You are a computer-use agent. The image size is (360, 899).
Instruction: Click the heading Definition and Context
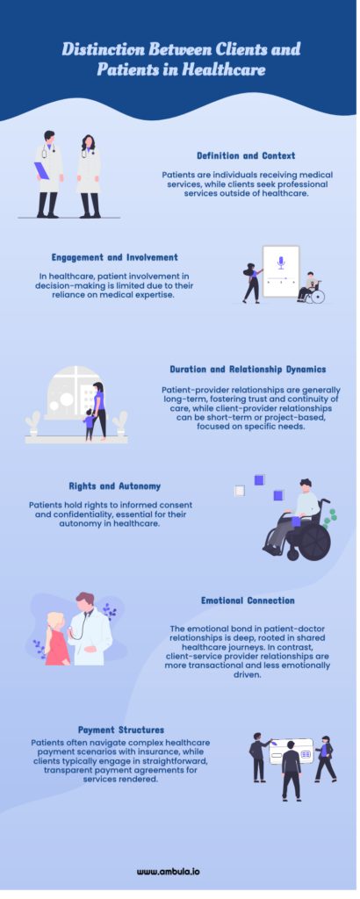coord(246,155)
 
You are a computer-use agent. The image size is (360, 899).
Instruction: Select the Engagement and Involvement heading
coord(115,257)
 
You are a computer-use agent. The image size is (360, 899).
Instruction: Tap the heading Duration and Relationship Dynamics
coord(248,370)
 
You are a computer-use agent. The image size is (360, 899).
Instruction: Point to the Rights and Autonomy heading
coord(115,486)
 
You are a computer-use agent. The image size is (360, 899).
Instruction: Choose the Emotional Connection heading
coord(248,601)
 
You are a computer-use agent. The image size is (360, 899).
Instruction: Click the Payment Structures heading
coord(121,730)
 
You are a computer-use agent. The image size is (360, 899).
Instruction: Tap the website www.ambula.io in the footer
coord(169,872)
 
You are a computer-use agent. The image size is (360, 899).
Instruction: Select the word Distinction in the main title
coord(103,49)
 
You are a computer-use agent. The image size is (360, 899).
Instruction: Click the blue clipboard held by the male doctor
coord(42,170)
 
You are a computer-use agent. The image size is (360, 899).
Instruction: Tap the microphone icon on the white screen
coord(281,263)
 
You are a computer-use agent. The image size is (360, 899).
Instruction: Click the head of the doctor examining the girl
coord(85,602)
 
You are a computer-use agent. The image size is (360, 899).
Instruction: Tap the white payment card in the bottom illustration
coord(292,752)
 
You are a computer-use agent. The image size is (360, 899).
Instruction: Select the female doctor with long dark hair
coord(89,176)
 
